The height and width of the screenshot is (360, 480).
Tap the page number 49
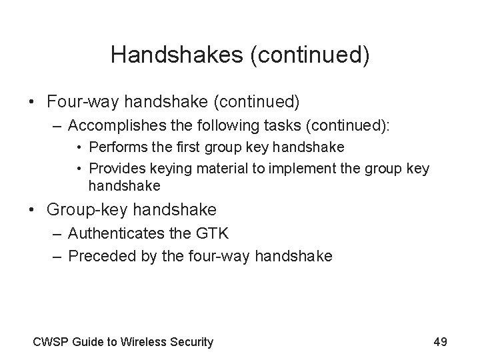click(440, 342)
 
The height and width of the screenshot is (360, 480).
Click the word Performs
click(116, 146)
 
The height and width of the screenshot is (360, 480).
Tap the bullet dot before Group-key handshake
click(32, 209)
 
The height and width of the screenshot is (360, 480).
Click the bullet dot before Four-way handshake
click(32, 103)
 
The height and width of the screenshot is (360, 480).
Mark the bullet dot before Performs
click(79, 146)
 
